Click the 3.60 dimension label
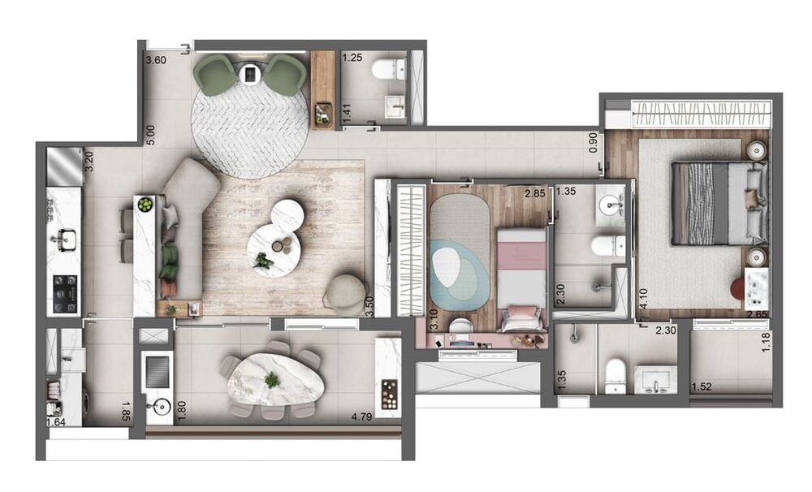pos(155,60)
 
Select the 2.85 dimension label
pos(534,194)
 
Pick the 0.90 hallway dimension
pos(594,144)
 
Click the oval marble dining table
pos(272,382)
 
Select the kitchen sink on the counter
pos(64,239)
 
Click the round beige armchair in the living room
pos(346,292)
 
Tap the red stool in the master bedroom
pos(740,288)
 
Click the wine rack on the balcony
pos(390,394)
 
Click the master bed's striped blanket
pos(699,203)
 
